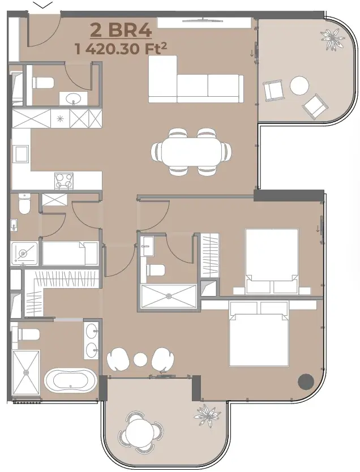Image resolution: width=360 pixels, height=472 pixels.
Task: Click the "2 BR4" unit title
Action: coord(121,31)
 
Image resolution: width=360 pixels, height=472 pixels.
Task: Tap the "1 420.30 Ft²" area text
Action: coord(121,49)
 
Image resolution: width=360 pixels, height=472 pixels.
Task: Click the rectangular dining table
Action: coord(192,152)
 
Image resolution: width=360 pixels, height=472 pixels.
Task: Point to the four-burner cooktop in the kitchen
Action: coord(64,181)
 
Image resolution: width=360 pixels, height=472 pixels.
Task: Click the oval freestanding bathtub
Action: coord(70,380)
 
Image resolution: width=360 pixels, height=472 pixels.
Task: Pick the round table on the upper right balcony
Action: coord(299,86)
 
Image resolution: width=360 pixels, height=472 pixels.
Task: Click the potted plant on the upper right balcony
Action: coord(332,39)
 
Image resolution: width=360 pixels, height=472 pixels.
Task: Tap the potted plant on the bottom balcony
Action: coord(208,416)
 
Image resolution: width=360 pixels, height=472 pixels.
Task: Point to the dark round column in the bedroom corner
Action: coord(306,381)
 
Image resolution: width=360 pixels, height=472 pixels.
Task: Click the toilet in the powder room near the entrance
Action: coord(43,83)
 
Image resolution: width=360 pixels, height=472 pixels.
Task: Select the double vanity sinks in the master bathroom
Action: coord(91,341)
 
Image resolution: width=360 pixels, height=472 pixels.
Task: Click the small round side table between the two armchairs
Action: coord(140,359)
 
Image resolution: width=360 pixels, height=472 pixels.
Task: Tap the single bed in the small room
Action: coord(70,254)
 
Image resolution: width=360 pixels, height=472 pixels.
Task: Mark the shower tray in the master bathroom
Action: coord(26,372)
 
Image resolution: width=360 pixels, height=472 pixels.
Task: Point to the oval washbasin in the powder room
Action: coord(74,98)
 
